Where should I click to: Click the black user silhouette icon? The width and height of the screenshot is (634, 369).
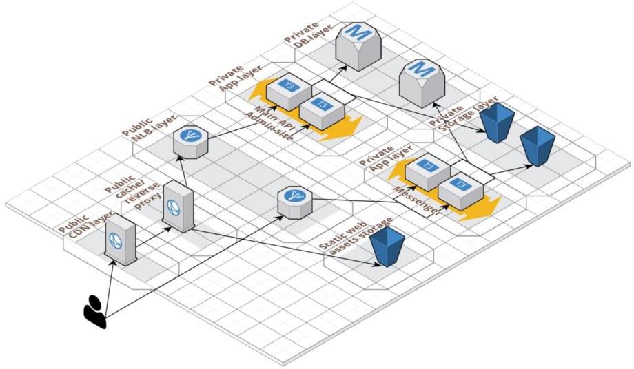pyautogui.click(x=95, y=311)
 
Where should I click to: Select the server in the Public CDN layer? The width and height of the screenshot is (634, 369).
pyautogui.click(x=119, y=238)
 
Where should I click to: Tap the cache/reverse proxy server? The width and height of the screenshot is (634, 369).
pyautogui.click(x=178, y=207)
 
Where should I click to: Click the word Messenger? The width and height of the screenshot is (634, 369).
pyautogui.click(x=418, y=200)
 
